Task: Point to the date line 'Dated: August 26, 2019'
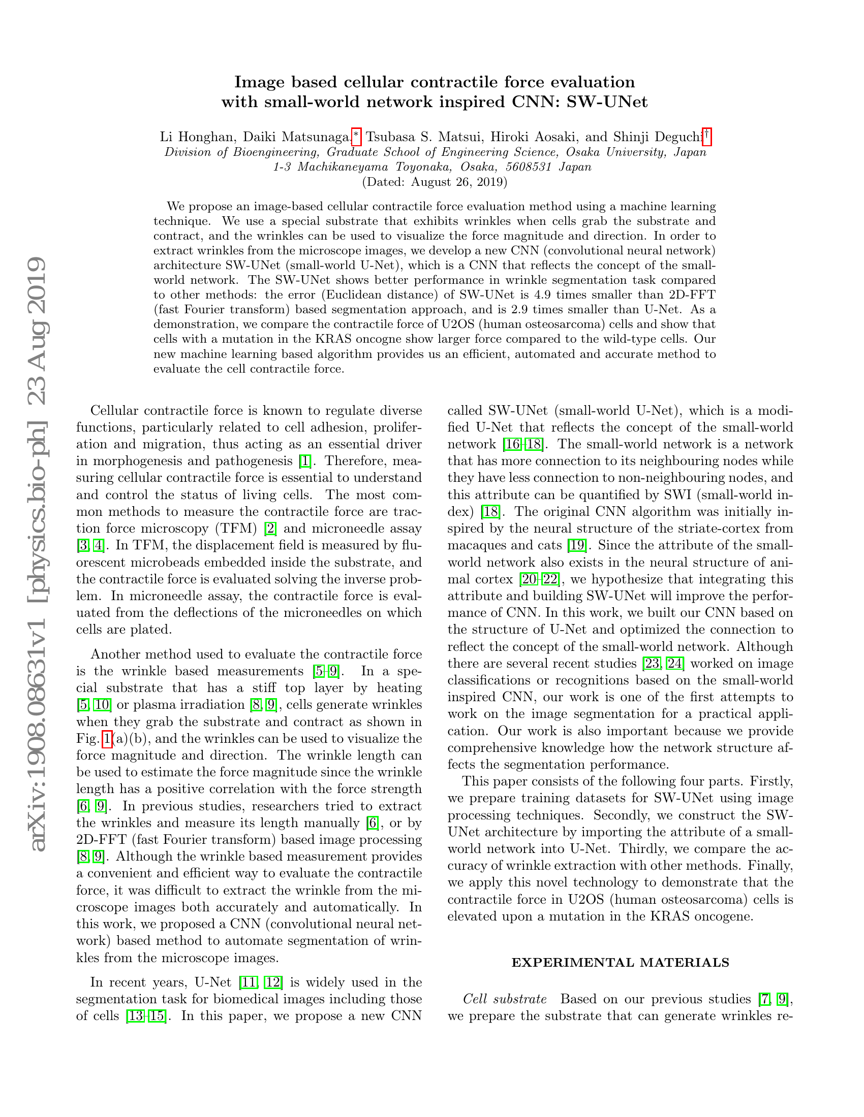(x=435, y=182)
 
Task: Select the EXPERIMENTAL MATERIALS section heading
(x=621, y=962)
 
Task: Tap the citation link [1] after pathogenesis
(x=305, y=461)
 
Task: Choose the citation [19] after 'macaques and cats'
(x=577, y=545)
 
